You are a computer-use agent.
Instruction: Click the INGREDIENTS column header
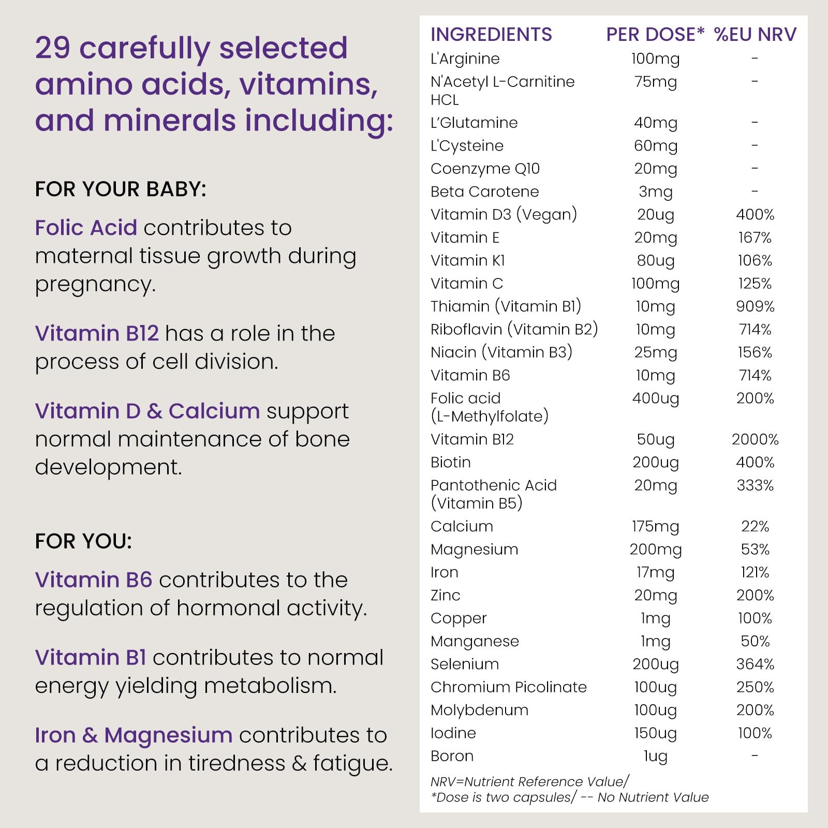pos(491,35)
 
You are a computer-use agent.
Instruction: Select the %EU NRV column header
pos(755,35)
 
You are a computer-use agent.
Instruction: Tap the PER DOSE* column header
pos(655,35)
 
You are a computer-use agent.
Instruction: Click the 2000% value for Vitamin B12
pos(755,439)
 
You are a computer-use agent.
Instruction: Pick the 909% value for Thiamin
pos(755,306)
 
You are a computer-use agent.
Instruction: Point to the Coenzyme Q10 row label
pos(485,169)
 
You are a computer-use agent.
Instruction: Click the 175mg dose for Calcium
pos(655,526)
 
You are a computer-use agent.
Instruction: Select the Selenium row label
pos(465,664)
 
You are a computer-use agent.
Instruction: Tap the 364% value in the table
pos(755,664)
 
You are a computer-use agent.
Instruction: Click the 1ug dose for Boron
pos(655,756)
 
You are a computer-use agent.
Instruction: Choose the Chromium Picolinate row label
pos(509,687)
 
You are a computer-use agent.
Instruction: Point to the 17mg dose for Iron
pos(655,572)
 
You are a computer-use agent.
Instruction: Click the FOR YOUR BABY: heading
pos(121,189)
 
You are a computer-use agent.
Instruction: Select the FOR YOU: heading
pos(83,541)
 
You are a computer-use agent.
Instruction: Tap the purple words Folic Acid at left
pos(86,228)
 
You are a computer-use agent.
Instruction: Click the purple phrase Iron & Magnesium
pos(134,735)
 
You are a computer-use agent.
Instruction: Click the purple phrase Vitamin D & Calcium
pos(147,411)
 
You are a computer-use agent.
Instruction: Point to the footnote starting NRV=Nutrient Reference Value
pos(530,781)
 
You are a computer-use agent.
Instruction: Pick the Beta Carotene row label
pos(484,191)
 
